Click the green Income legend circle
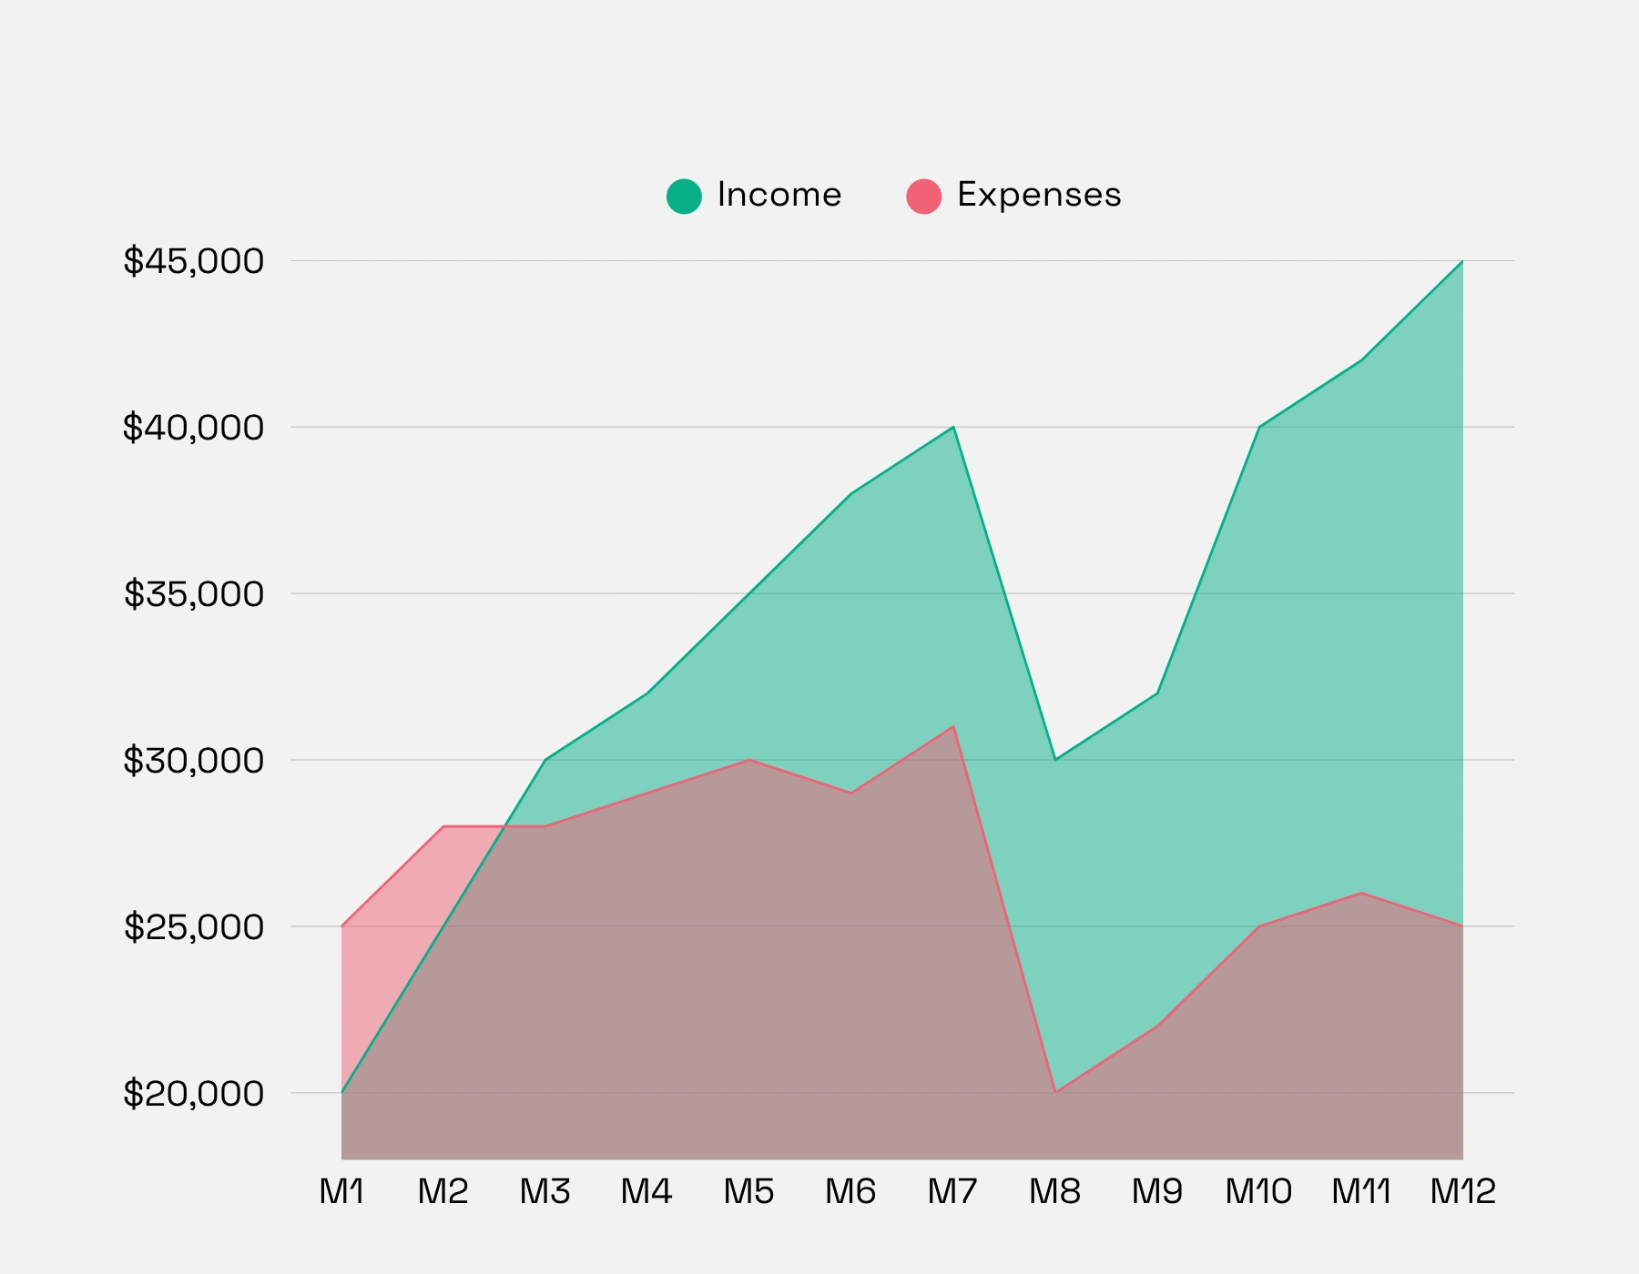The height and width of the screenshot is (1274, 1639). [684, 196]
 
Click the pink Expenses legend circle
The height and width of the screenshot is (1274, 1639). [923, 196]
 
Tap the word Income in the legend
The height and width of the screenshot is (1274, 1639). [779, 195]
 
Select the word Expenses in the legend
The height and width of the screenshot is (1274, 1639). [1039, 195]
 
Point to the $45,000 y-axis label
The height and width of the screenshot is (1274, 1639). [194, 261]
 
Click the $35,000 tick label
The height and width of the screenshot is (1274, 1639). [194, 594]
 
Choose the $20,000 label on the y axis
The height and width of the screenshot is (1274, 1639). [194, 1093]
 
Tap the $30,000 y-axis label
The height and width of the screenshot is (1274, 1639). [194, 760]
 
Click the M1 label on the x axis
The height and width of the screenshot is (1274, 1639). [341, 1191]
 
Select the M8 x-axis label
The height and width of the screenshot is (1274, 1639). [1054, 1191]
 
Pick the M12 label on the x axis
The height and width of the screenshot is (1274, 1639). [1462, 1191]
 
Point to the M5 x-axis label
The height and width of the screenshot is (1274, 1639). [748, 1191]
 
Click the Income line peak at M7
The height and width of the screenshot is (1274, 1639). [953, 427]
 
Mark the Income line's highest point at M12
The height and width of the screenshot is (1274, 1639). [1462, 261]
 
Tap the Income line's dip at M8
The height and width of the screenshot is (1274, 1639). [1055, 760]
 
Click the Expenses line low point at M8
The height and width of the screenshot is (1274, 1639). [1055, 1092]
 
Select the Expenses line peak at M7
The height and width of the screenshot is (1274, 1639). [953, 726]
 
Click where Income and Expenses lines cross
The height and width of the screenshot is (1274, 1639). [505, 826]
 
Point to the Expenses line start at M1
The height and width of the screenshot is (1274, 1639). [341, 926]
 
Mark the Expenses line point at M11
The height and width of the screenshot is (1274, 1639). [1361, 893]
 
